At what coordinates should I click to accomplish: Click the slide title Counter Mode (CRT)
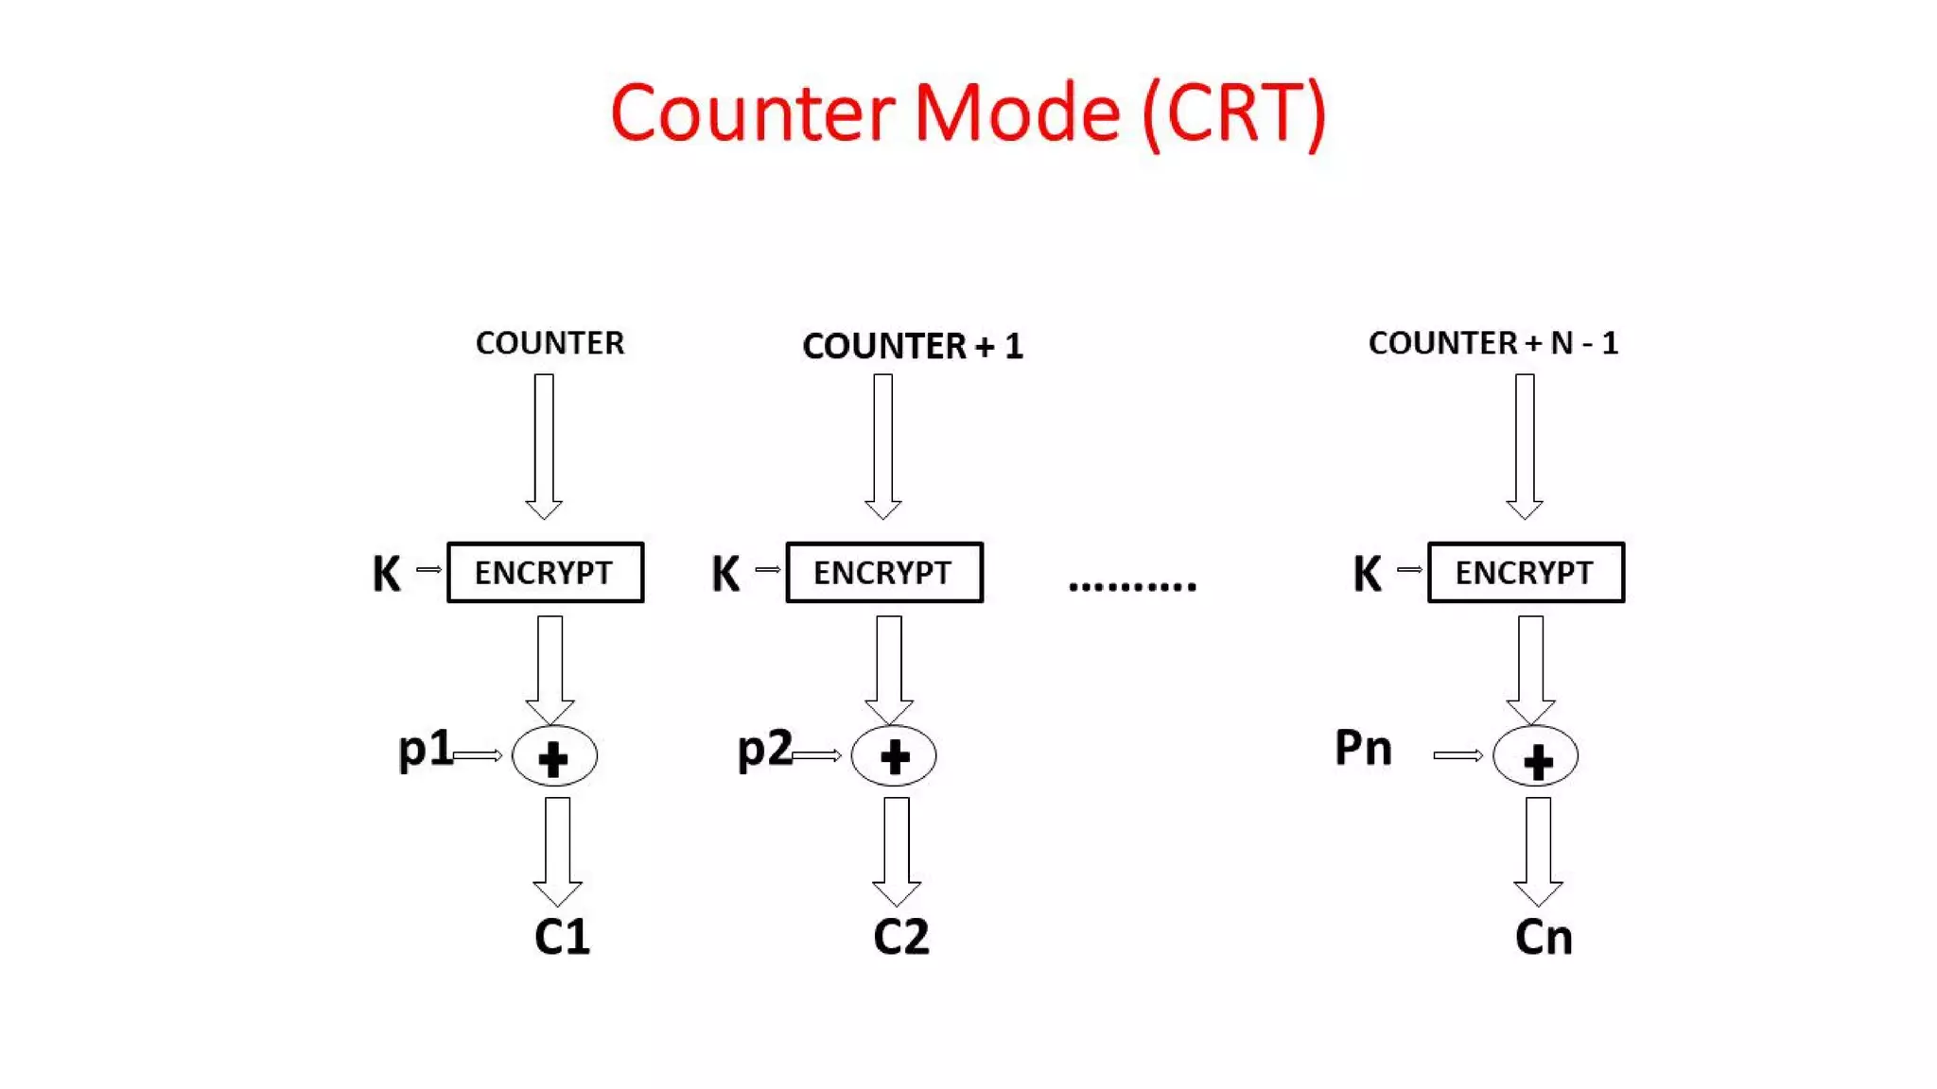coord(968,113)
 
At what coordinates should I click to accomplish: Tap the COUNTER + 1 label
coord(913,346)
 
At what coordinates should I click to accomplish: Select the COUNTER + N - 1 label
coord(1492,342)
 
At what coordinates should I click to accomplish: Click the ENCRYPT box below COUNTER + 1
coord(884,572)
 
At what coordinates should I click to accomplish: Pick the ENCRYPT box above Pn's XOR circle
coord(1526,572)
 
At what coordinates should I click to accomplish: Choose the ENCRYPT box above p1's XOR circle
coord(545,572)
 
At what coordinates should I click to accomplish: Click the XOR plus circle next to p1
coord(554,756)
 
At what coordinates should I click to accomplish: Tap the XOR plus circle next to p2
coord(894,756)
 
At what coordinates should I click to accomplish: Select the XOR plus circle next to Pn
coord(1535,756)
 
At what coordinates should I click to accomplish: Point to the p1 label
coord(425,749)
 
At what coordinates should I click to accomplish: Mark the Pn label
coord(1363,749)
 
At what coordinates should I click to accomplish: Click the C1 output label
coord(562,937)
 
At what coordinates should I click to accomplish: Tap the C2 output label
coord(900,937)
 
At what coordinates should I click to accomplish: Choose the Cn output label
coord(1543,937)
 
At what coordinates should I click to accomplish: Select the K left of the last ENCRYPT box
coord(1367,573)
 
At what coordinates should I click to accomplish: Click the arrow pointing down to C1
coord(557,851)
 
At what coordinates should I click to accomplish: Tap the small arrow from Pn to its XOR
coord(1457,755)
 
